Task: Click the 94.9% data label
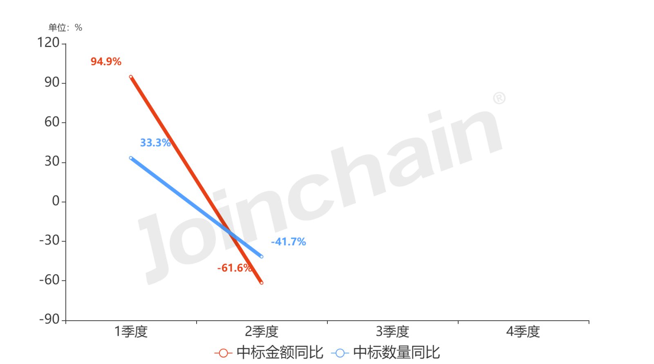coord(106,62)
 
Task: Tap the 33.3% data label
coord(155,143)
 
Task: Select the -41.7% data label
coord(289,242)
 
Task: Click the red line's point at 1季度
coord(131,77)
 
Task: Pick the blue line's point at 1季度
coord(131,158)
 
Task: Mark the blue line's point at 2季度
coord(262,257)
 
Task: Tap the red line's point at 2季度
coord(262,283)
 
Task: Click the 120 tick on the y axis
coord(48,43)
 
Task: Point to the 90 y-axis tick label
coord(52,82)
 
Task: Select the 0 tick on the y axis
coord(56,201)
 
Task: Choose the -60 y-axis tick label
coord(49,280)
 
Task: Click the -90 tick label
coord(49,319)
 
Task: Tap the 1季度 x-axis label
coord(131,332)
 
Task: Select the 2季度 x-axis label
coord(262,332)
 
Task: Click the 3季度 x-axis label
coord(392,332)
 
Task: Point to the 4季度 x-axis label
coord(523,332)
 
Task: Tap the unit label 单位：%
coord(65,27)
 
